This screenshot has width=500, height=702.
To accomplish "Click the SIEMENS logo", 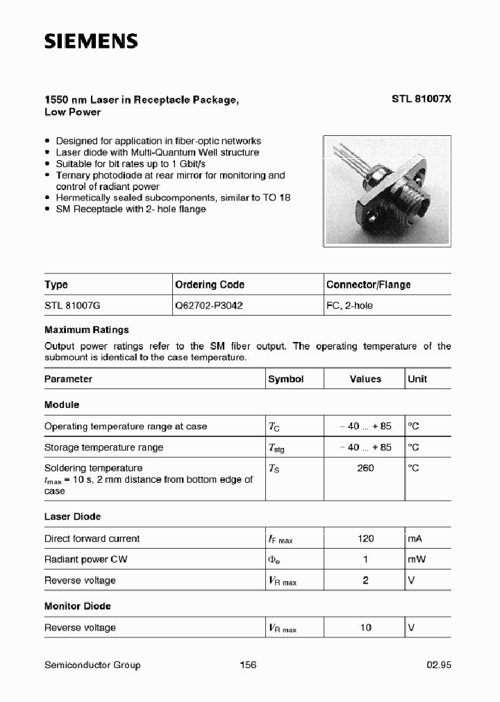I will pos(91,42).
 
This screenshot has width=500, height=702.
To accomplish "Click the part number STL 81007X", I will pos(421,99).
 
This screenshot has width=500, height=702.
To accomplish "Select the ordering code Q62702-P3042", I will pos(208,305).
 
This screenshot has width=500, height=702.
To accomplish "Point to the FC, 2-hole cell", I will pos(349,305).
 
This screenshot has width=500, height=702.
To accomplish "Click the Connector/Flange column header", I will pos(368,284).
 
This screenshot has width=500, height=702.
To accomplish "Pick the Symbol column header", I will pos(286,379).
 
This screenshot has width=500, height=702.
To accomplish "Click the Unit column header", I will pos(417,379).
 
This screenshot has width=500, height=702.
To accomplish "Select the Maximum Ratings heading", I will pos(86,330).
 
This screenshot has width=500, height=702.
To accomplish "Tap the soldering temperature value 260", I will pos(365,468).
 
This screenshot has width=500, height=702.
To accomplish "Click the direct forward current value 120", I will pos(365,538).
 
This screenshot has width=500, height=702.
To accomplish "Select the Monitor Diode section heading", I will pos(77,606).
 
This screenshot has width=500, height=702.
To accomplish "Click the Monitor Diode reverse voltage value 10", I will pos(365,627).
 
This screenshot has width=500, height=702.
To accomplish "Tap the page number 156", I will pos(248,665).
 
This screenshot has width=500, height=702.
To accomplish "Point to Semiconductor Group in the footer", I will pos(92,665).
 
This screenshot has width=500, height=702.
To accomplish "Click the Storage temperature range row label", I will pos(103,447).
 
